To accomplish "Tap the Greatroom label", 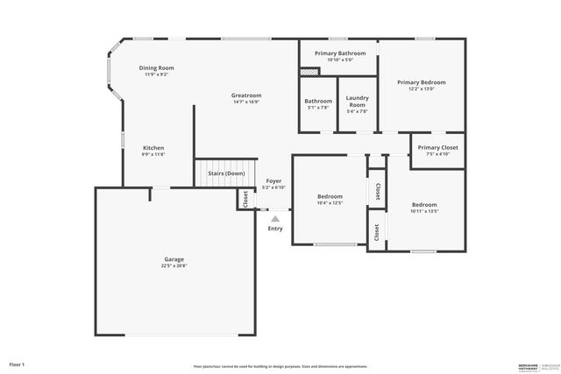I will pos(246,95).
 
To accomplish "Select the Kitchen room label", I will pos(153,148).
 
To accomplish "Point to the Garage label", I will pos(174,259).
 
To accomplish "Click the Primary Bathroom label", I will pos(340,53).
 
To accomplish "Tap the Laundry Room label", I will pos(357,101).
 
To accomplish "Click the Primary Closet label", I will pos(437,148).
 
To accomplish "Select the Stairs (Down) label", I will pos(226,173).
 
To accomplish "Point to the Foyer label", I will pos(274,181).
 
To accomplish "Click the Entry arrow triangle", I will pos(275,219).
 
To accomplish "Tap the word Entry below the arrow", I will pos(275,229).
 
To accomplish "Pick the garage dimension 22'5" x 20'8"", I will pos(174,265).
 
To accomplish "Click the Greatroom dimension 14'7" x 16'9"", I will pos(246,102).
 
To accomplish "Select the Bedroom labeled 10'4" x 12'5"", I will pos(330,197).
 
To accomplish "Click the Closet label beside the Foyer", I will pos(245,199).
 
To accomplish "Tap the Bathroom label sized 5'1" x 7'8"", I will pos(318,101).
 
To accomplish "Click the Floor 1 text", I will pos(17,363).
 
